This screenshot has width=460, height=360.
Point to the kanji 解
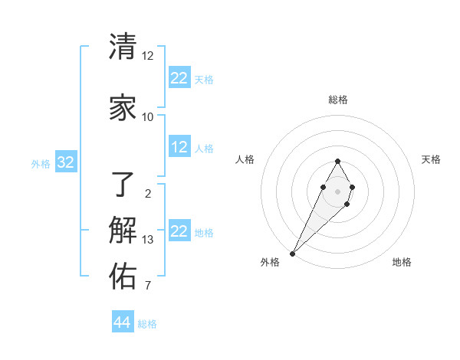(123, 231)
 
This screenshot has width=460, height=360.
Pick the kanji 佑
(123, 277)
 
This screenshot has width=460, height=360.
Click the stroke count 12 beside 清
(148, 56)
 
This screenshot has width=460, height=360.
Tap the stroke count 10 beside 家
(148, 117)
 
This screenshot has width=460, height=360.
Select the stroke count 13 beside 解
(148, 240)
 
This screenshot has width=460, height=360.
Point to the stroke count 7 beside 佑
(148, 286)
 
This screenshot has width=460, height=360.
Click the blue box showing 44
(123, 322)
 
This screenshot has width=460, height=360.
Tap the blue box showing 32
(65, 162)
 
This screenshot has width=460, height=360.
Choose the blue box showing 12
(179, 147)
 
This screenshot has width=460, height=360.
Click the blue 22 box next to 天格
(179, 78)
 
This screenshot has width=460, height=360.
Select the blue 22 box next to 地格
(179, 231)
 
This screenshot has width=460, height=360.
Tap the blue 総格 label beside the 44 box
(147, 324)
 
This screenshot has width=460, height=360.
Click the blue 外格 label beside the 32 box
(41, 163)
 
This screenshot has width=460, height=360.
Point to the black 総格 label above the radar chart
(338, 100)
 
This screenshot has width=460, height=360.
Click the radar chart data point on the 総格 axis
(337, 161)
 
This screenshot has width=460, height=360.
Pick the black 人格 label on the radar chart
(245, 159)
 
